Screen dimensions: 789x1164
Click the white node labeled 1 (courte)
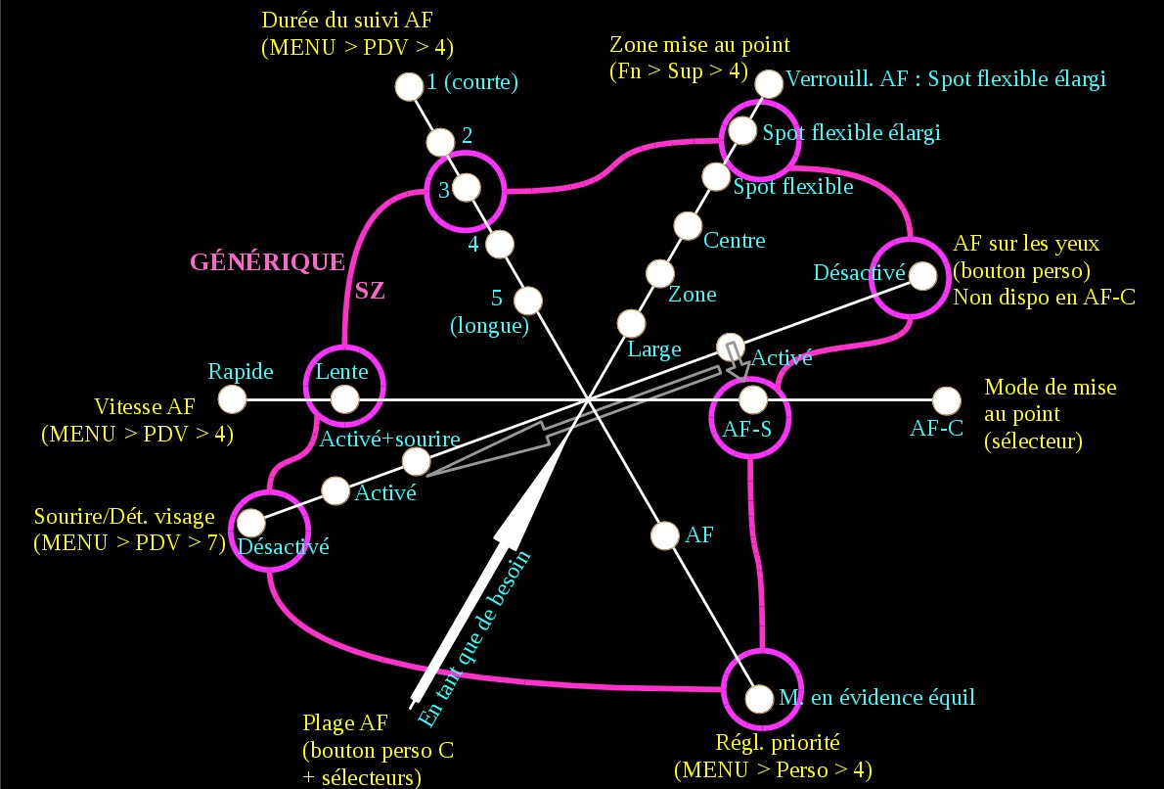point(407,86)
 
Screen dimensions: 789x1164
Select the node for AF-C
point(946,400)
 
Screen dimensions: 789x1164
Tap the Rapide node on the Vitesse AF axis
point(232,399)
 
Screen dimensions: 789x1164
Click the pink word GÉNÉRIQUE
point(267,262)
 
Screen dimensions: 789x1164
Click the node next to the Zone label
point(659,274)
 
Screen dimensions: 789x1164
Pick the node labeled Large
point(630,322)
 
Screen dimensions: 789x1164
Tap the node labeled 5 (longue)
point(529,299)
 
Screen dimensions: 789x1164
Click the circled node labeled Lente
point(343,399)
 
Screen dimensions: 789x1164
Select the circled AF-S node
point(751,399)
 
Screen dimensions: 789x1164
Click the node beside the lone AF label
point(664,535)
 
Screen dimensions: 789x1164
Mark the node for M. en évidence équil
point(758,698)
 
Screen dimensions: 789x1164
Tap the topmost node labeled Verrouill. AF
point(770,83)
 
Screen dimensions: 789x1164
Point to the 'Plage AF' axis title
point(345,723)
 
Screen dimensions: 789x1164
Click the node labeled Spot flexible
point(716,177)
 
